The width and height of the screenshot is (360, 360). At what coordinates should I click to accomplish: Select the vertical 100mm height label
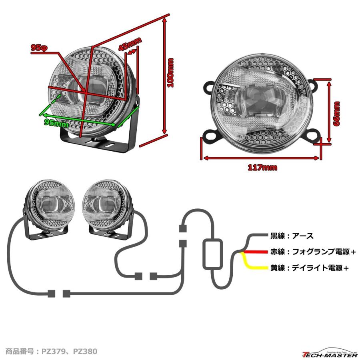click(x=171, y=73)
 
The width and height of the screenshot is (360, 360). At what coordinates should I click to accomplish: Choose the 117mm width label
click(x=262, y=168)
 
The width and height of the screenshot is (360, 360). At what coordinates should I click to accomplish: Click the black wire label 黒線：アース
click(x=292, y=236)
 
